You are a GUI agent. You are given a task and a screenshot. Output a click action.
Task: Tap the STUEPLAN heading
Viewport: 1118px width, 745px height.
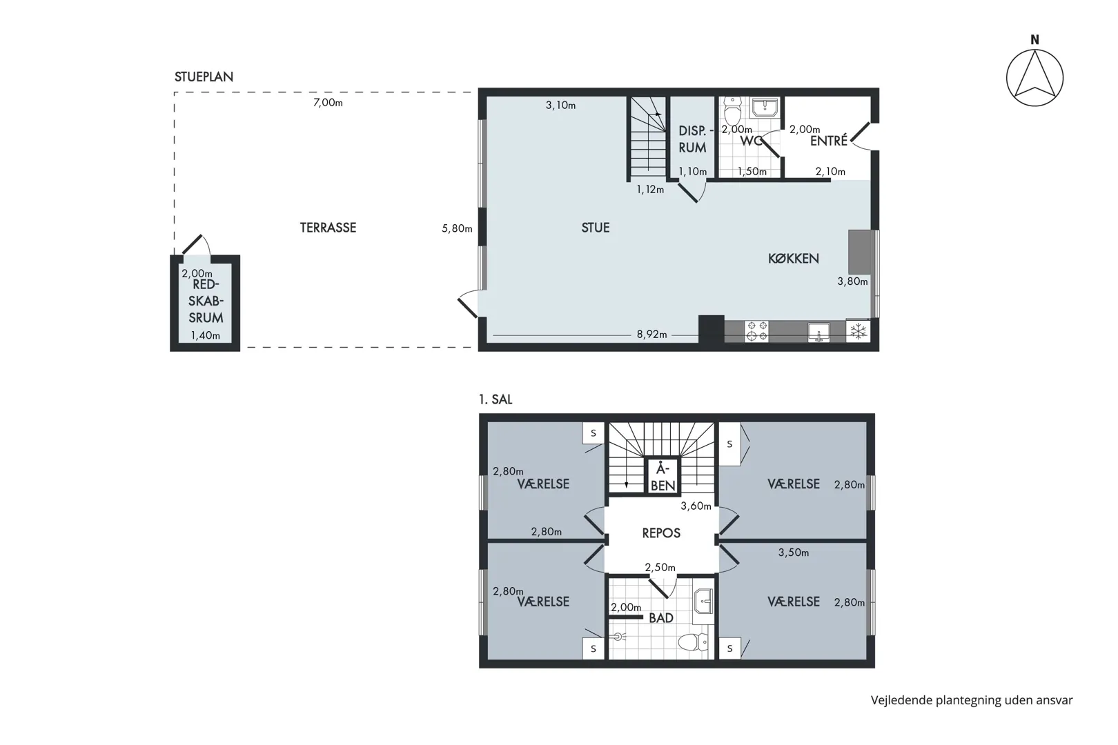pos(204,77)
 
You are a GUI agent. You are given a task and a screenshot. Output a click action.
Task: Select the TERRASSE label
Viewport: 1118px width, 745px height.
pos(328,228)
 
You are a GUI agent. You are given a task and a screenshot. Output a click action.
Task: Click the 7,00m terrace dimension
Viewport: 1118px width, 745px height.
pos(328,103)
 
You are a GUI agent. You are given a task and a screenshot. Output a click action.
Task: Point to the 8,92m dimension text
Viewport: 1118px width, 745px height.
pos(651,335)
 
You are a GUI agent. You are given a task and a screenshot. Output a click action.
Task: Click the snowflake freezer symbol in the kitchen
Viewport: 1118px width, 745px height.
pos(858,331)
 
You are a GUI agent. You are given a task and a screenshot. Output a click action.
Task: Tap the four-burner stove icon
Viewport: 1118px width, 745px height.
pos(756,331)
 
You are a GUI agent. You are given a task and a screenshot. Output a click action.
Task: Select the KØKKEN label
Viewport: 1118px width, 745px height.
pos(793,259)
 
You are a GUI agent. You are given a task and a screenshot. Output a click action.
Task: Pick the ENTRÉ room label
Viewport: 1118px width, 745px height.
pos(829,141)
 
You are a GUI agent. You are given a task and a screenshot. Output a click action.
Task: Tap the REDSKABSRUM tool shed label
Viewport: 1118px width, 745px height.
pos(206,301)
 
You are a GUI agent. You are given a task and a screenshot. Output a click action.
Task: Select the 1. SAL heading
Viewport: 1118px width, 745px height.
pos(496,399)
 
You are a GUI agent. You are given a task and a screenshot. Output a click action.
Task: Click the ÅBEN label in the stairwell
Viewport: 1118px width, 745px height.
pos(663,477)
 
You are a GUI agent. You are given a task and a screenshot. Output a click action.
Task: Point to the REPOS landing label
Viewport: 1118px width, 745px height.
pos(661,533)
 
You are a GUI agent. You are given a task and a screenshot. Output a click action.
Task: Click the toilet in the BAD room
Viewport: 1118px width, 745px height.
pos(693,642)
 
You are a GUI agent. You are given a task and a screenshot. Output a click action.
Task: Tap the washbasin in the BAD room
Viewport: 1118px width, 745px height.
pos(703,602)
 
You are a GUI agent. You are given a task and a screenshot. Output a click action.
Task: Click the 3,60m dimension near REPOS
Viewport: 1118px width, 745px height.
pos(696,506)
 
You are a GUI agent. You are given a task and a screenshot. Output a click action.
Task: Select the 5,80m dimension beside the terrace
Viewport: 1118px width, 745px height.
pos(457,228)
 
